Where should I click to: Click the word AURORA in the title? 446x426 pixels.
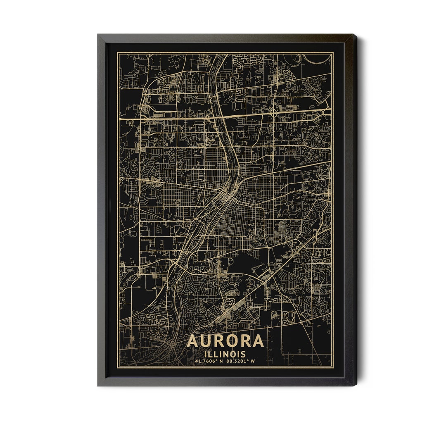225,341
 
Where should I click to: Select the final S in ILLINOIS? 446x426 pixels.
243,354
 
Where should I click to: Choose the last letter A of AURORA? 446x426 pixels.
257,341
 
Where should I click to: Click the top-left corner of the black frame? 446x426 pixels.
98,35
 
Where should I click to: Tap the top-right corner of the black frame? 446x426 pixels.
356,35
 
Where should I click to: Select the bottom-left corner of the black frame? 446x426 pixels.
98,385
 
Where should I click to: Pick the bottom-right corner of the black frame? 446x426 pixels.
356,385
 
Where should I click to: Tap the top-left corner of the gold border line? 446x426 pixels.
117,52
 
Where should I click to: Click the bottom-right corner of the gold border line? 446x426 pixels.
333,368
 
